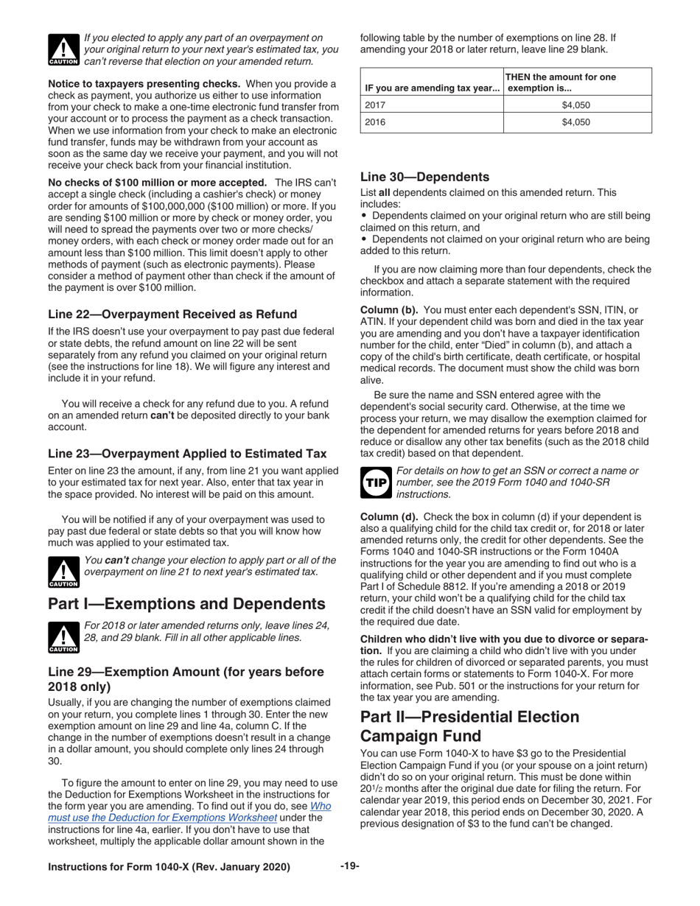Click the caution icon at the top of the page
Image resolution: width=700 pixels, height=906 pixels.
[x=62, y=49]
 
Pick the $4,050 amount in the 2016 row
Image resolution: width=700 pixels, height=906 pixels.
[x=576, y=123]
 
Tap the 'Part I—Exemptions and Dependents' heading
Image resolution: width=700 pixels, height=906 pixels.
[x=186, y=604]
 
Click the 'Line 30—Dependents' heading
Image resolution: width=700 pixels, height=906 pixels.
[x=424, y=177]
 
